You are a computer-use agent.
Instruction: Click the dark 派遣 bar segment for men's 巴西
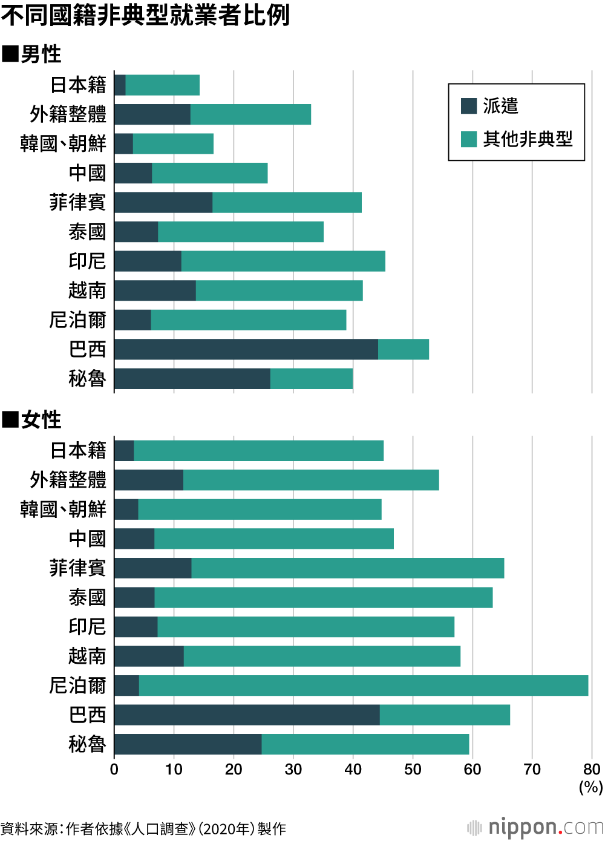246,350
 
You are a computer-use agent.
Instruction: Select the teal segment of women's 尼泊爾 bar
363,686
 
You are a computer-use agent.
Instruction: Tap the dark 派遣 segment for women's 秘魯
188,744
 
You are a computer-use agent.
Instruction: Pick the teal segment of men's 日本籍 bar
162,85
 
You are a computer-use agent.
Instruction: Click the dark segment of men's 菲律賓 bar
163,203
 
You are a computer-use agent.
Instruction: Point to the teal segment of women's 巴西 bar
445,715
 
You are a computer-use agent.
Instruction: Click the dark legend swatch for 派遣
469,106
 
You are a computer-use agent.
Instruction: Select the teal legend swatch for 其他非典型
469,139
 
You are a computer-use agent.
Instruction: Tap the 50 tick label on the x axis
413,770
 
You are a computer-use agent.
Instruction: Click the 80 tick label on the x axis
591,770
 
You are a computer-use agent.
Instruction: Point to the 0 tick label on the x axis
114,770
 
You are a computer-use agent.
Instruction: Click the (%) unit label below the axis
590,787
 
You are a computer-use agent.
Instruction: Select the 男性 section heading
32,54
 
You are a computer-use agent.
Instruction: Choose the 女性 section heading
32,420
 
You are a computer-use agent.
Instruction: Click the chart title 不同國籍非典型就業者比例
145,15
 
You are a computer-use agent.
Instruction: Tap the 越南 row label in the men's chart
87,291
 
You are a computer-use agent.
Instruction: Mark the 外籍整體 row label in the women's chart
68,480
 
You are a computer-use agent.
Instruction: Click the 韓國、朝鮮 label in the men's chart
63,144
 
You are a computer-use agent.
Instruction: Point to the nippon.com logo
535,827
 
